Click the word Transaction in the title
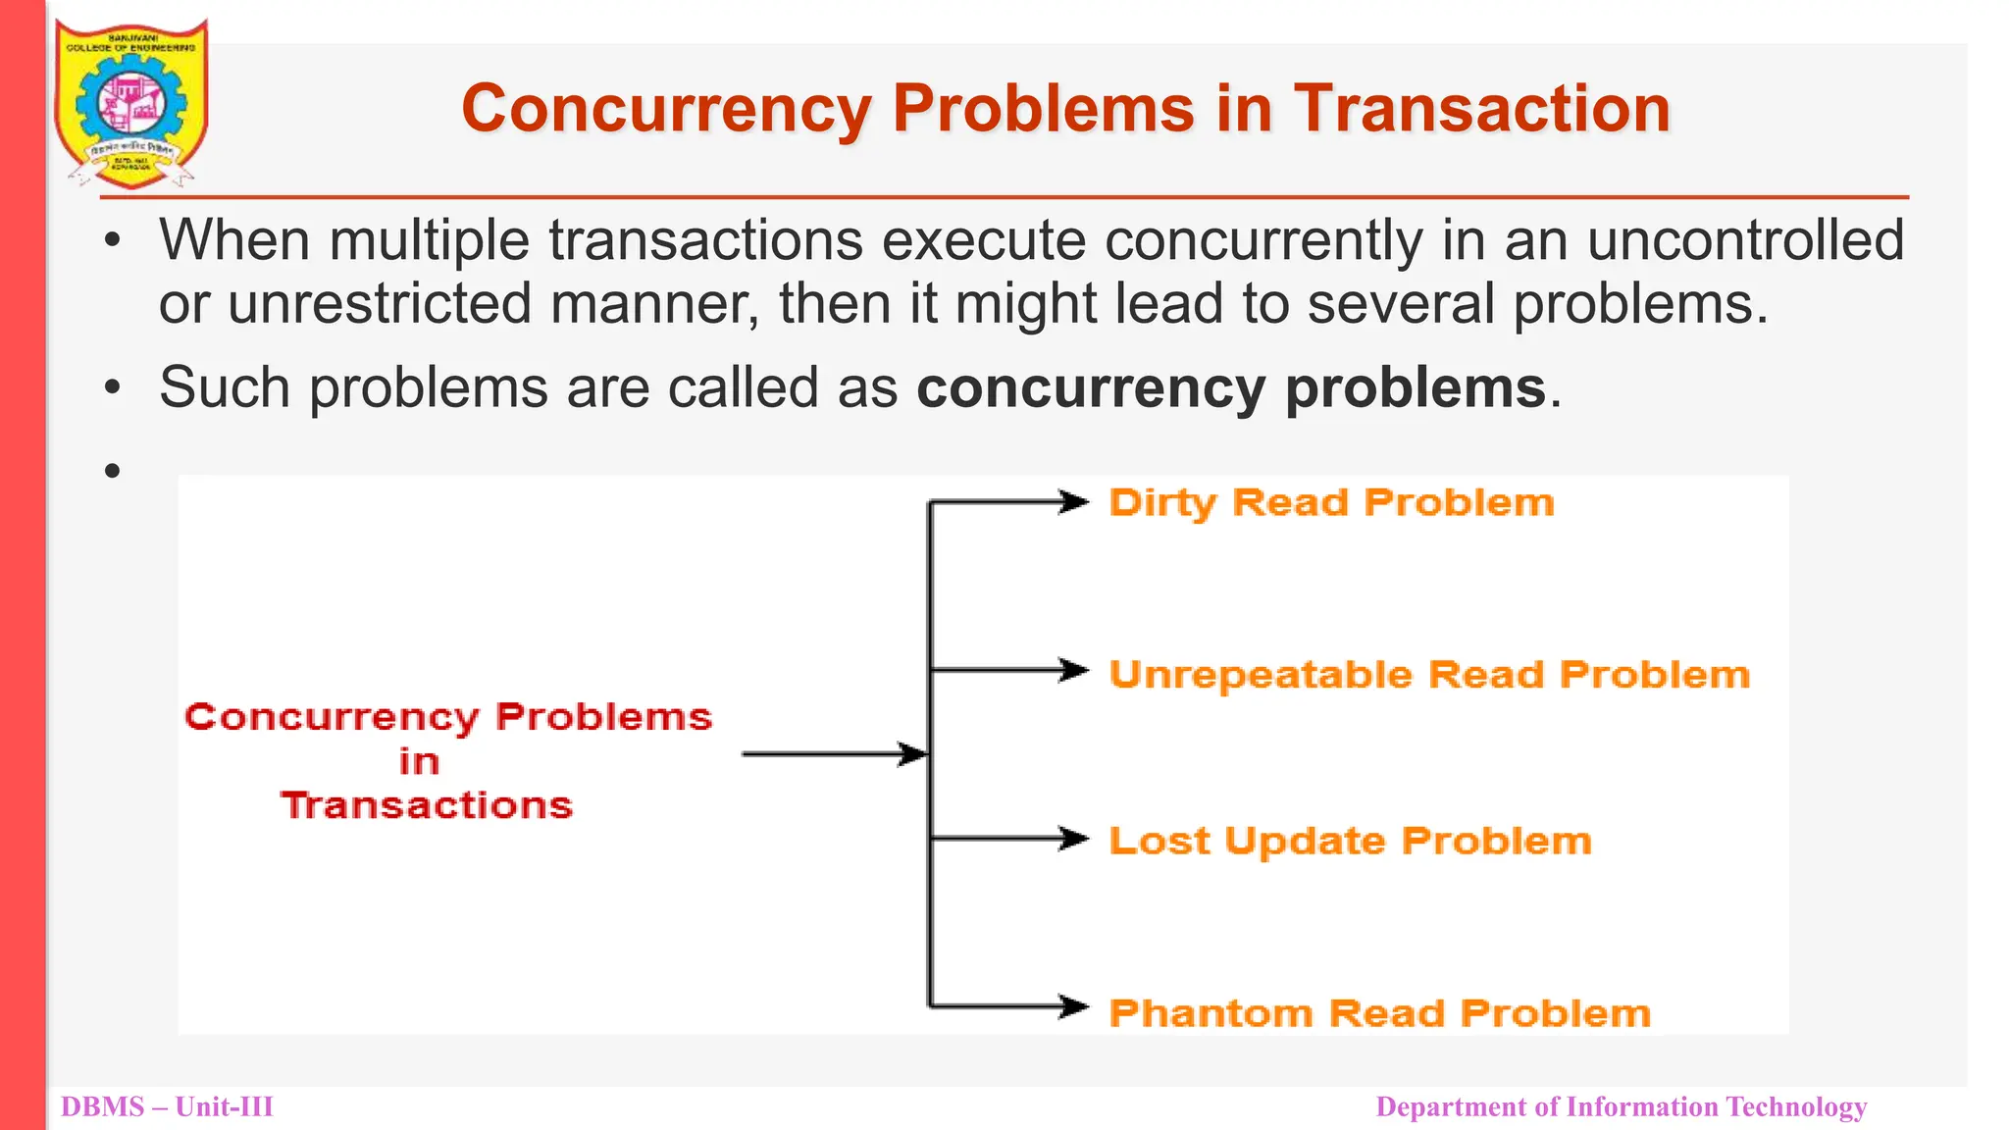coord(1481,108)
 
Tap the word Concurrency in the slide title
coord(667,108)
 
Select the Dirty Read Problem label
coord(1331,503)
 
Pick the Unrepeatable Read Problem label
coord(1429,675)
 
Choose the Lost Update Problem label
coord(1350,841)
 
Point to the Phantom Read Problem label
coord(1380,1012)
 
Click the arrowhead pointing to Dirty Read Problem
coord(1075,503)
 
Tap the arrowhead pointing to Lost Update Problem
coord(1075,839)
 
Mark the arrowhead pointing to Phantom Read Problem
coord(1075,1006)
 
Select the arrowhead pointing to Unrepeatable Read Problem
coord(1075,671)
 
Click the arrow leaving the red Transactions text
coord(834,754)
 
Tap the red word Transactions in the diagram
coord(427,805)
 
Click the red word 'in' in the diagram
coord(419,761)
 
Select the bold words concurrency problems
coord(1231,387)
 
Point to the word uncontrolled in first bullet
coord(1745,240)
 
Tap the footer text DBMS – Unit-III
coord(167,1106)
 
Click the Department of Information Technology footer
coord(1621,1106)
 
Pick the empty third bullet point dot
coord(113,471)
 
